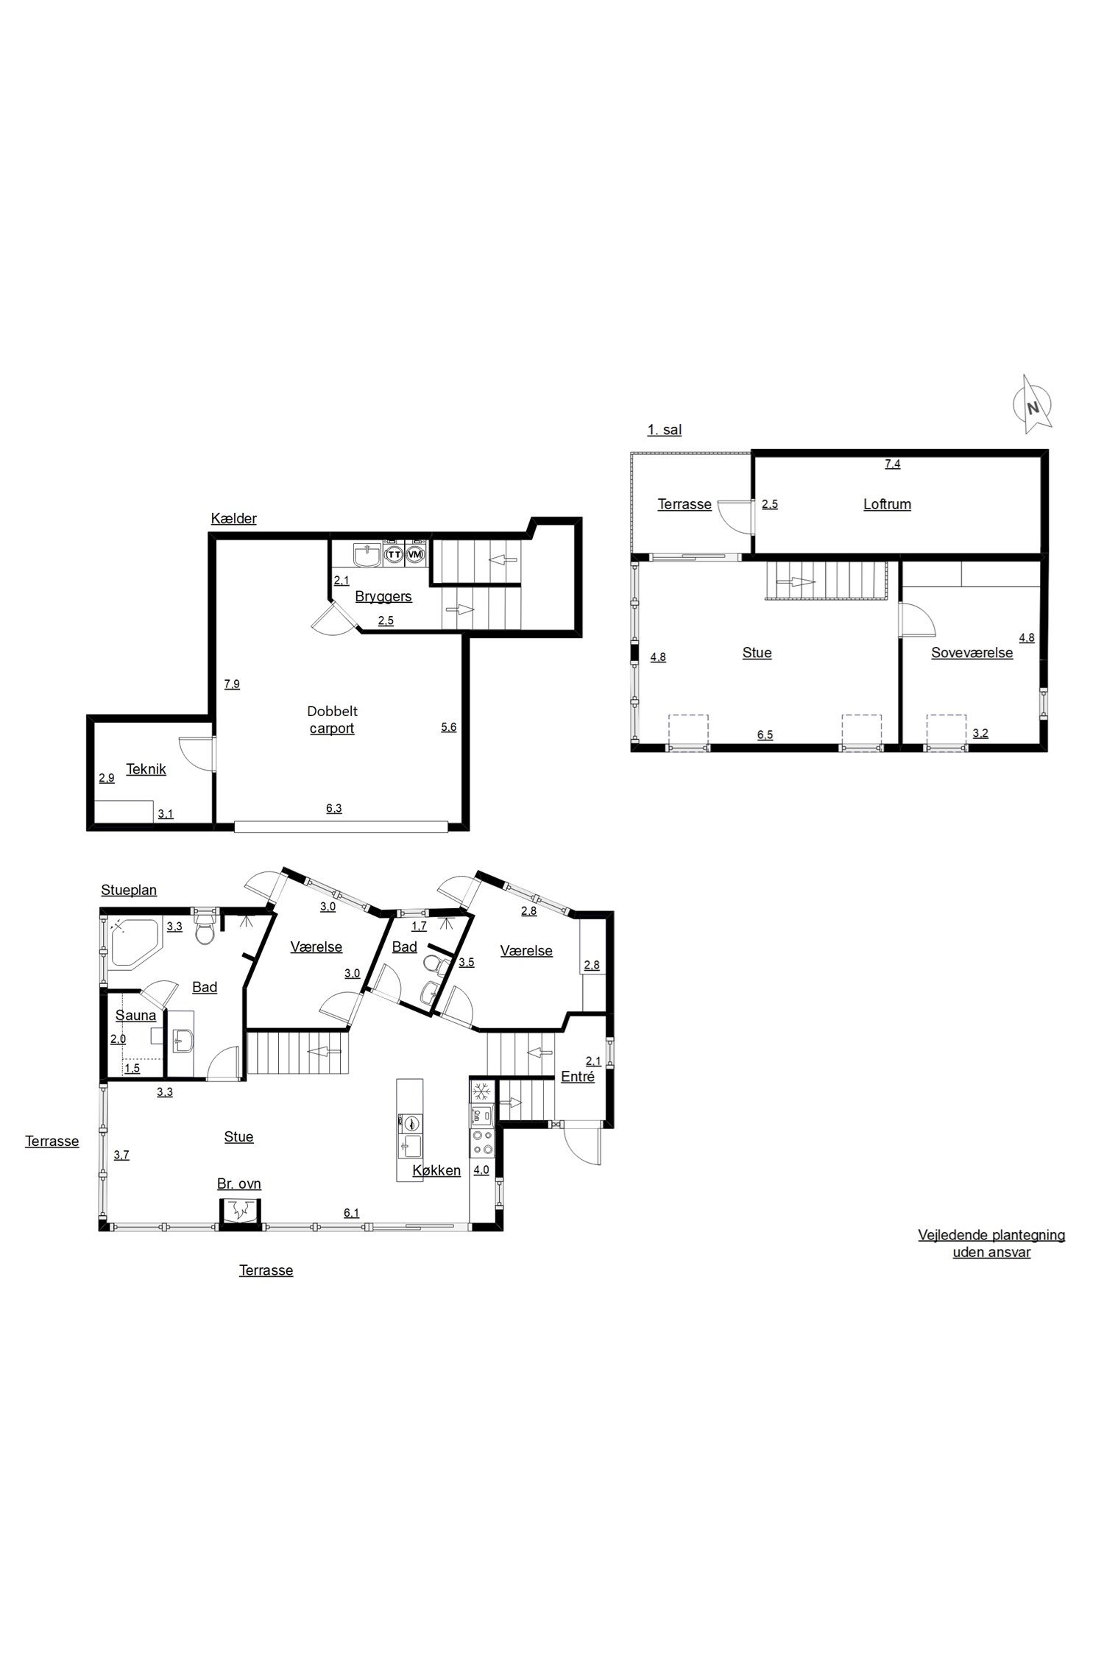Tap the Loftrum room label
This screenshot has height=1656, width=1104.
[x=887, y=504]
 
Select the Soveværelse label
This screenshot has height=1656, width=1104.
[x=972, y=653]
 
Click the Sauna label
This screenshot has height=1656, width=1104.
[x=136, y=1016]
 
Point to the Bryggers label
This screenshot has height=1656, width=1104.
[x=383, y=596]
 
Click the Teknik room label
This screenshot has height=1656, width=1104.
[x=146, y=769]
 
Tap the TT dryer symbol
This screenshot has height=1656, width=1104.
[x=394, y=553]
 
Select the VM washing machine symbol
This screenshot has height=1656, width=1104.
[x=416, y=553]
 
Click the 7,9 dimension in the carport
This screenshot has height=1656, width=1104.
[x=232, y=684]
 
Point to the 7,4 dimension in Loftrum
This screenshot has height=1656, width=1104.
[x=892, y=464]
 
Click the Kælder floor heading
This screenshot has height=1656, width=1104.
[x=234, y=519]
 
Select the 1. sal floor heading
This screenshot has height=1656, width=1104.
[x=665, y=430]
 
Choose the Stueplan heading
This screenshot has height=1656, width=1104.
[x=129, y=891]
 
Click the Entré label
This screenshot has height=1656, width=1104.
[x=578, y=1076]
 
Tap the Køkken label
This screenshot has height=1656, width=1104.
[x=436, y=1170]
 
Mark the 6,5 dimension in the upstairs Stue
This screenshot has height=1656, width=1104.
[x=765, y=735]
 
